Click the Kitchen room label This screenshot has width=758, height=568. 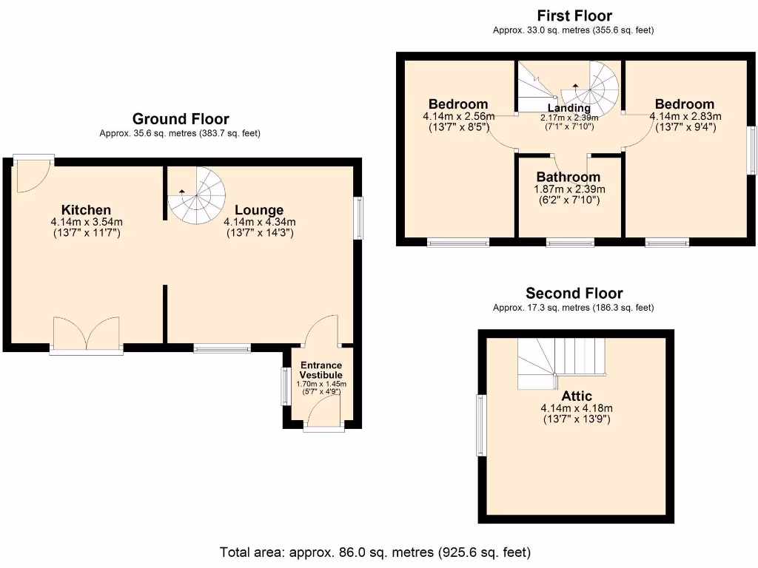(x=86, y=210)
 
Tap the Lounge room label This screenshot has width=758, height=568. (x=259, y=210)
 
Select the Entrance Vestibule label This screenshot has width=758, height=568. (x=321, y=371)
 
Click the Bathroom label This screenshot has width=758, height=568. (x=568, y=177)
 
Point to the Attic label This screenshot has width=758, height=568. (x=576, y=396)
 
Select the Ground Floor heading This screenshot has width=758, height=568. (x=180, y=119)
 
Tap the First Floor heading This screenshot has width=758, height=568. (x=574, y=16)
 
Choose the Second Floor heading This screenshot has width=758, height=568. (x=574, y=294)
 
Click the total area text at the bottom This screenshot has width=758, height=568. (x=375, y=552)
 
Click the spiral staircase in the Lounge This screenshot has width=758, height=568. (x=196, y=195)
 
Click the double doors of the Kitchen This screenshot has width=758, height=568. (x=86, y=334)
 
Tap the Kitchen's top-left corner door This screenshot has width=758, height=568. (x=32, y=175)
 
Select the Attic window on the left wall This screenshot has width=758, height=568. (x=480, y=425)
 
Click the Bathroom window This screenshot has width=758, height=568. (x=570, y=242)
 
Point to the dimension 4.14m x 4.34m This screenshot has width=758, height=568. (x=259, y=222)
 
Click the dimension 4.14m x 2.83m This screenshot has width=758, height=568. (x=685, y=116)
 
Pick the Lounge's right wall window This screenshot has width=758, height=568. (x=359, y=217)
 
